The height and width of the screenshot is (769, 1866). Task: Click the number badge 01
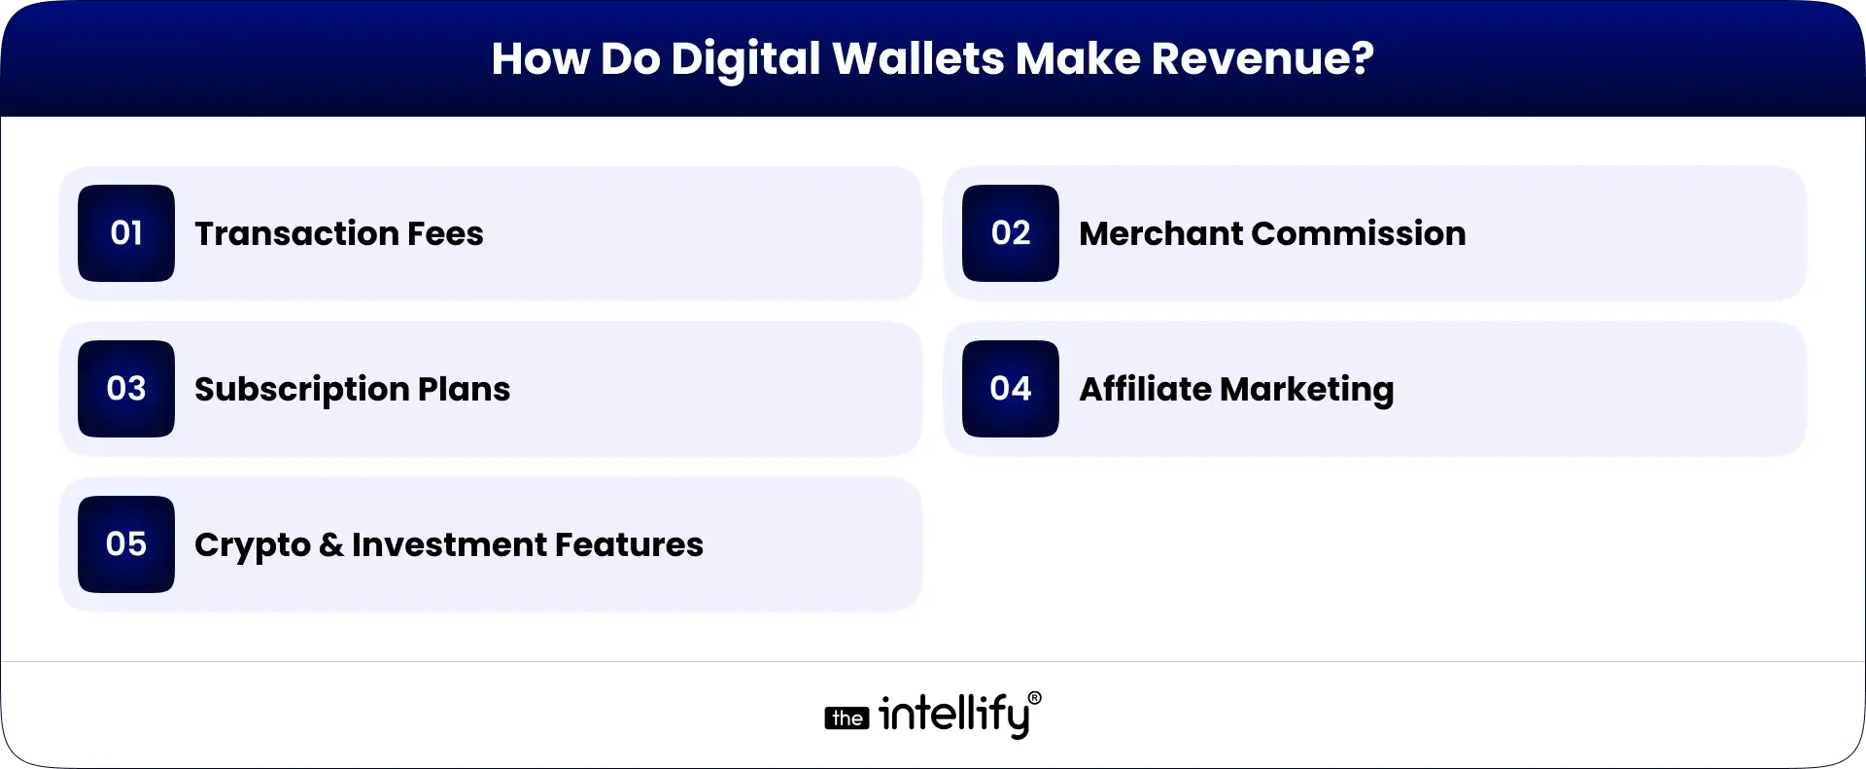pyautogui.click(x=126, y=233)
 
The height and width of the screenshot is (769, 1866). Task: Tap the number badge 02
pyautogui.click(x=1011, y=233)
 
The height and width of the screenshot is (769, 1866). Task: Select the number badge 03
pyautogui.click(x=126, y=389)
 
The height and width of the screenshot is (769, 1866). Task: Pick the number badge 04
pyautogui.click(x=1011, y=389)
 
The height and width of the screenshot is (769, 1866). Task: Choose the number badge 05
pyautogui.click(x=126, y=544)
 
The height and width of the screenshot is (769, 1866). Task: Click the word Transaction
pyautogui.click(x=296, y=233)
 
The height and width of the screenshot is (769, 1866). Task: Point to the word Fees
pyautogui.click(x=445, y=233)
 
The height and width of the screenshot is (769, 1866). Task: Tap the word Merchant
pyautogui.click(x=1160, y=233)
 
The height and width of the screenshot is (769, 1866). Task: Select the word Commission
pyautogui.click(x=1359, y=233)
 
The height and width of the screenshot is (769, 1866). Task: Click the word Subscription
pyautogui.click(x=301, y=390)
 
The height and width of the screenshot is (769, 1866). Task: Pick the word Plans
pyautogui.click(x=464, y=389)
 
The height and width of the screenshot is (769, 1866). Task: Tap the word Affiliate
pyautogui.click(x=1145, y=389)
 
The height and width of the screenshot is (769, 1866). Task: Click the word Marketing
pyautogui.click(x=1307, y=390)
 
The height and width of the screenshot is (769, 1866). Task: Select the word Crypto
pyautogui.click(x=252, y=545)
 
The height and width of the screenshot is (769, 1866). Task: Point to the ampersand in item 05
pyautogui.click(x=330, y=545)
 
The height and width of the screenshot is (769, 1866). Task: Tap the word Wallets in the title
pyautogui.click(x=918, y=58)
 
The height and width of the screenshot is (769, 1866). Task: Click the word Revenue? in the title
pyautogui.click(x=1262, y=58)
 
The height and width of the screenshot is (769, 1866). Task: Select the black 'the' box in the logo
pyautogui.click(x=847, y=718)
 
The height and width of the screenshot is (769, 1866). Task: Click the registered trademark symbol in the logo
pyautogui.click(x=1034, y=698)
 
